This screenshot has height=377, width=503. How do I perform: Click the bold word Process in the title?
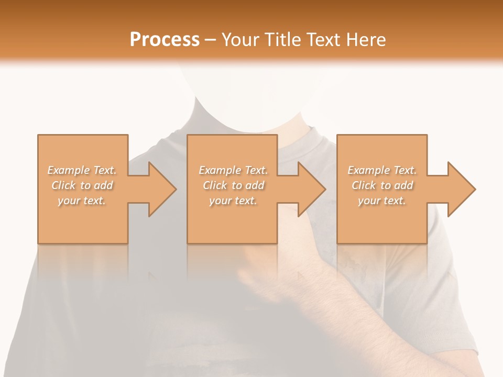click(165, 39)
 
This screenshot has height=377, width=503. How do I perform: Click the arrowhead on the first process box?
click(159, 189)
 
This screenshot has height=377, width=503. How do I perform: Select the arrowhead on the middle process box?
click(309, 189)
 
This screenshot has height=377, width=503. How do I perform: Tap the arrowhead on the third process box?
click(459, 189)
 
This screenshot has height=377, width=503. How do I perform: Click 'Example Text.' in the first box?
click(82, 170)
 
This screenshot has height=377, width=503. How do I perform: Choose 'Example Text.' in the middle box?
click(233, 170)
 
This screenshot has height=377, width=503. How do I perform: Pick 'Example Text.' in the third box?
click(382, 170)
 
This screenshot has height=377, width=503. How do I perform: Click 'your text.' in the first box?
click(82, 201)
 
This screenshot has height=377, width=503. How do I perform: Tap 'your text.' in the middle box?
click(233, 201)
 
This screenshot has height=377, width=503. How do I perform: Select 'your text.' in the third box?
click(382, 201)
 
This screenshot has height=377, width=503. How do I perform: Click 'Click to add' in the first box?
click(82, 185)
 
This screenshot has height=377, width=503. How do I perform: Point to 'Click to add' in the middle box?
click(233, 185)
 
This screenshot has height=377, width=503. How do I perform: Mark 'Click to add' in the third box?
click(382, 185)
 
